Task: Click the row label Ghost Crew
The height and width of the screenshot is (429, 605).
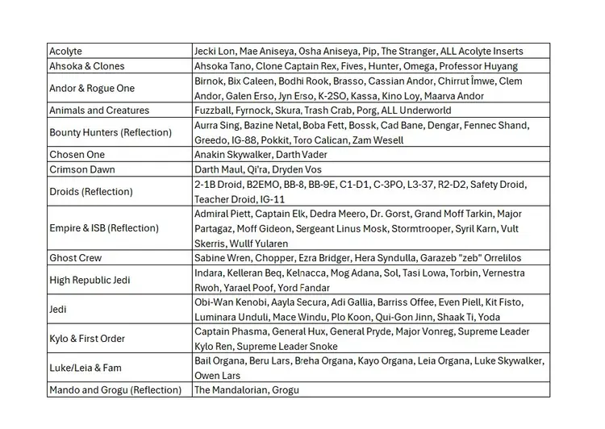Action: coord(76,258)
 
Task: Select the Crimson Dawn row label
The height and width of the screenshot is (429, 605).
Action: coord(82,169)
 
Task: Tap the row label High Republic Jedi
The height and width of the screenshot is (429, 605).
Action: coord(90,280)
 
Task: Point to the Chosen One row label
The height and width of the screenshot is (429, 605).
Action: coord(77,154)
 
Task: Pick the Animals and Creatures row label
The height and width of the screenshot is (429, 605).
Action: coord(99,110)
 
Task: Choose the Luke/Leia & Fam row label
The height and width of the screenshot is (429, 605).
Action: coord(86,368)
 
